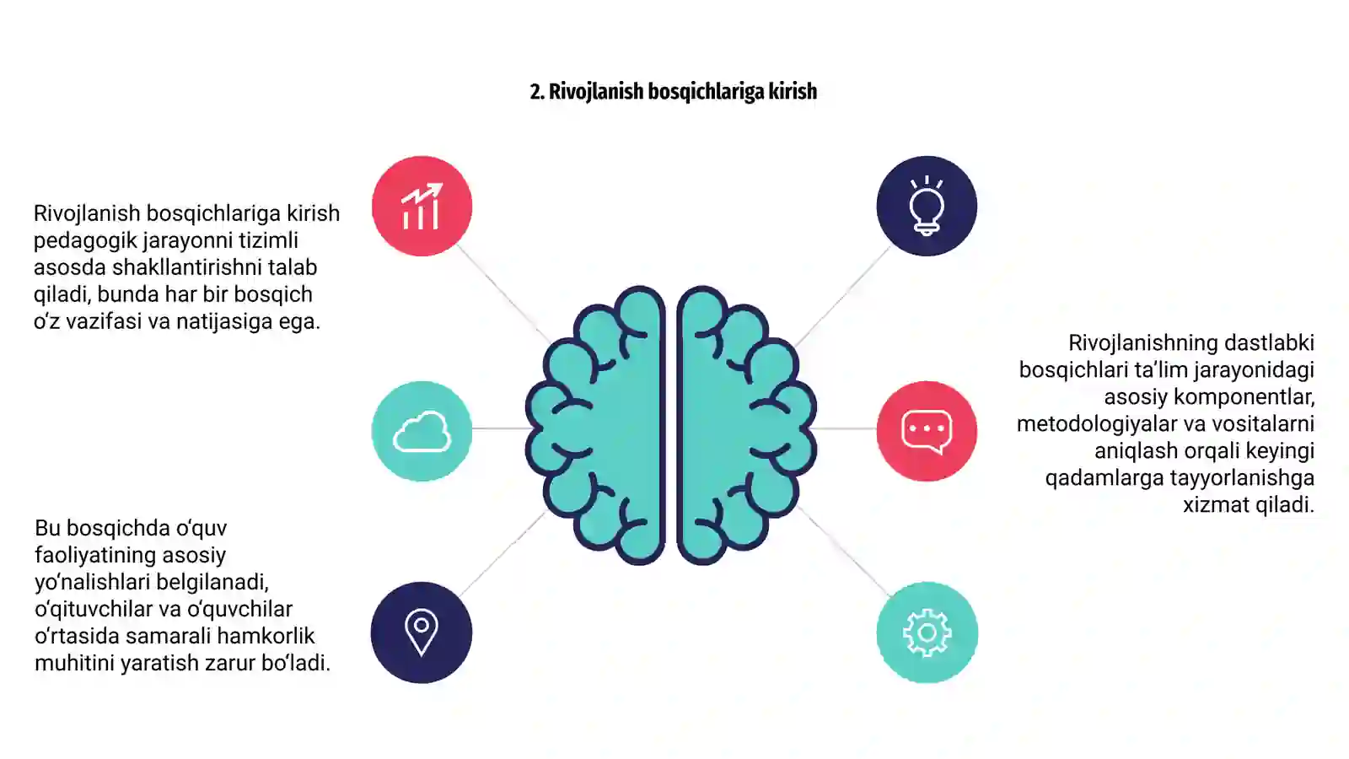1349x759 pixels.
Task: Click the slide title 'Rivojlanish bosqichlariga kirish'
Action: click(682, 92)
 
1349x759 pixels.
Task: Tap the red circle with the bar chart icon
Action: click(422, 206)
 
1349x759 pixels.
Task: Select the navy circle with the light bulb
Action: click(927, 206)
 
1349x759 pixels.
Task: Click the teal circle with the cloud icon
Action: click(422, 431)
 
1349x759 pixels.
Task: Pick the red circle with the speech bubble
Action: click(927, 431)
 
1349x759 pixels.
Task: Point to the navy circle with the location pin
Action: click(422, 632)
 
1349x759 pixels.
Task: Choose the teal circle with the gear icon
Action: click(927, 632)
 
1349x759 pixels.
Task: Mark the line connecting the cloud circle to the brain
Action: click(501, 428)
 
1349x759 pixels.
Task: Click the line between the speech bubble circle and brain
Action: click(844, 428)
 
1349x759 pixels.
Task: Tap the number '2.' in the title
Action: click(537, 92)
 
